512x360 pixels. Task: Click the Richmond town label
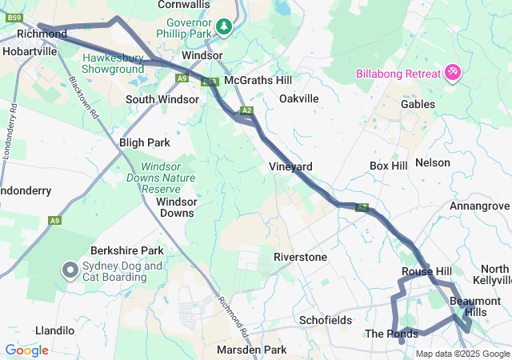(42, 34)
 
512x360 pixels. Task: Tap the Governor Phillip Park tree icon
(226, 27)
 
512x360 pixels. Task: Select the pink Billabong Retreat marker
(453, 74)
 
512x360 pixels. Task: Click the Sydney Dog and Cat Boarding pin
(70, 271)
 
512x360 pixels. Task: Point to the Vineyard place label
(290, 166)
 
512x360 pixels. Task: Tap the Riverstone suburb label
(300, 257)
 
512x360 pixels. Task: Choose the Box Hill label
(389, 166)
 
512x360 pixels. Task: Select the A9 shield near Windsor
(182, 78)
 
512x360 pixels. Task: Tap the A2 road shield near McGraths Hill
(246, 110)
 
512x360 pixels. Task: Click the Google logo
(26, 350)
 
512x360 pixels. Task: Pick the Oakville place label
(299, 98)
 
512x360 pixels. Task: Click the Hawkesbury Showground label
(112, 64)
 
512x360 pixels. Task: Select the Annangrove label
(479, 206)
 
